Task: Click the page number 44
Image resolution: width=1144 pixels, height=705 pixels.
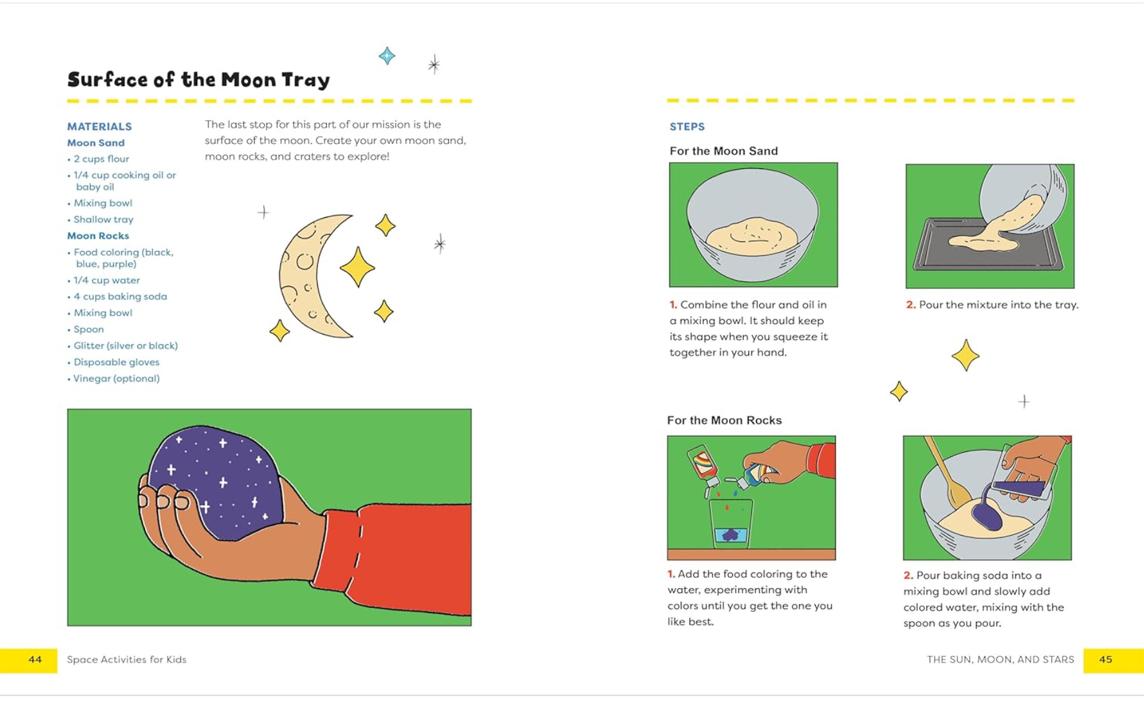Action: point(35,659)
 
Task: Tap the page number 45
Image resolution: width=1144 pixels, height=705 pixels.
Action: point(1105,659)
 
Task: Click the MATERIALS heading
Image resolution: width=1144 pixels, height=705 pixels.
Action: point(100,126)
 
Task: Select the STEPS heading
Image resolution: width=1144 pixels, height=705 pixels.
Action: point(687,126)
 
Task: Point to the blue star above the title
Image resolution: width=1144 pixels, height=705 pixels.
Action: point(387,56)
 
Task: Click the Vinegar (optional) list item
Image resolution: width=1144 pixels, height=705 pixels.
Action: point(116,378)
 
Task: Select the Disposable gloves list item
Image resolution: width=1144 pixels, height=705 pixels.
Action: point(116,362)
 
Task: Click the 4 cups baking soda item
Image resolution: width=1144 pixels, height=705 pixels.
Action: point(120,297)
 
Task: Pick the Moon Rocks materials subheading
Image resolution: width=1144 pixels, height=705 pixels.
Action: point(98,236)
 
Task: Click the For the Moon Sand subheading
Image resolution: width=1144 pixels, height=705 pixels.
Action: point(723,151)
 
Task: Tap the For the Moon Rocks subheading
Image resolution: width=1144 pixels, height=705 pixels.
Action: point(724,420)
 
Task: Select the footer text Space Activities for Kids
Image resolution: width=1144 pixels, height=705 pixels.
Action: point(127,659)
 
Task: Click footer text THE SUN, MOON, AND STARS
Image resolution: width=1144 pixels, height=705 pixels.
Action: point(1000,659)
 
